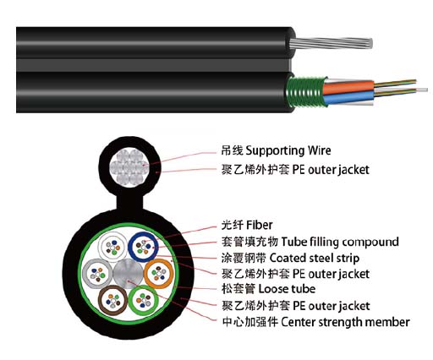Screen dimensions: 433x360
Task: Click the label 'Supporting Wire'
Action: (288, 150)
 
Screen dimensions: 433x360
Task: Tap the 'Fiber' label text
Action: (260, 225)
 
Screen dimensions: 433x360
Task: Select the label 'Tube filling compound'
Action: (340, 242)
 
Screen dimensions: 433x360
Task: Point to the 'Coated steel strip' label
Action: (315, 258)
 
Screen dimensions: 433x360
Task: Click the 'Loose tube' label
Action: (287, 289)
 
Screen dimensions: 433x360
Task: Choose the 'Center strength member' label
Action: (345, 322)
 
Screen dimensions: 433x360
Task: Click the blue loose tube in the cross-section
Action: (143, 247)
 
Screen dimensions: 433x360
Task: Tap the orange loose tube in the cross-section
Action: (158, 273)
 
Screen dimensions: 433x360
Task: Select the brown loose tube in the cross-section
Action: (113, 300)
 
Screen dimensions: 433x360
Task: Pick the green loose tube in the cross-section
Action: (144, 300)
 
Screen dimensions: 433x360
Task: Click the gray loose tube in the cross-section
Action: (97, 274)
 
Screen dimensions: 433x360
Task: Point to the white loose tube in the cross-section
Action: (112, 247)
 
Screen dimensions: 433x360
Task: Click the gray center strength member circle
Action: (128, 274)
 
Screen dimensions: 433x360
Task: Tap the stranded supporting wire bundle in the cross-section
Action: (129, 166)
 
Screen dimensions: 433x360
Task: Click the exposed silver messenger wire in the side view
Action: (331, 44)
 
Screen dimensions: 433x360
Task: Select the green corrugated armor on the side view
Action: (306, 92)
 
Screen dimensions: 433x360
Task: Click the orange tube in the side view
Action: (348, 87)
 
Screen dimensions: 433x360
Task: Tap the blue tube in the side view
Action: (348, 98)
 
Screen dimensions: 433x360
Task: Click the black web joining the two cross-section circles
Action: (129, 202)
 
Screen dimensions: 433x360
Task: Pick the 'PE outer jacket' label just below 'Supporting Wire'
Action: (295, 170)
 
